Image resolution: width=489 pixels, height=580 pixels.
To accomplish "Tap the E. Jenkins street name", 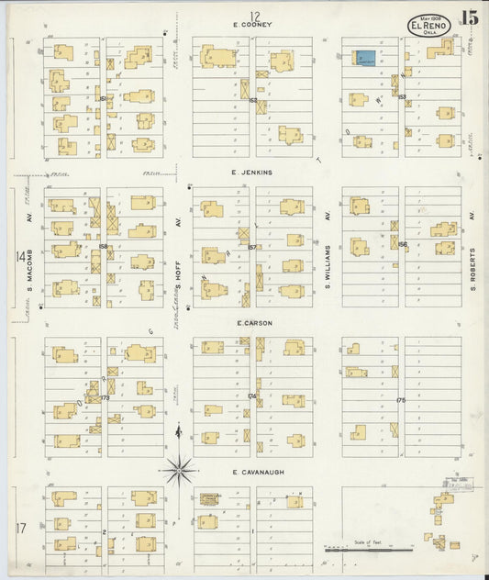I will [252, 172].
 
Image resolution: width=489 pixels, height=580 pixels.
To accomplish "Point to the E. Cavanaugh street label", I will [253, 474].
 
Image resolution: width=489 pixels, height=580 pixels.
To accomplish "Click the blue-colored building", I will [366, 58].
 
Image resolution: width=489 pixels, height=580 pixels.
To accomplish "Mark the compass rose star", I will [179, 470].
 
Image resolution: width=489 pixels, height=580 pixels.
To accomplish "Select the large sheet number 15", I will [470, 17].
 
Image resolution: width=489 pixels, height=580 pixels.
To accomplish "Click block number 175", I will [400, 400].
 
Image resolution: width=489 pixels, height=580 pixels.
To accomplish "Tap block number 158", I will [104, 246].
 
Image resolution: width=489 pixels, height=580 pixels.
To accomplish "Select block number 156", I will [402, 244].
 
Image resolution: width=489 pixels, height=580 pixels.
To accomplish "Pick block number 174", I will [252, 396].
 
